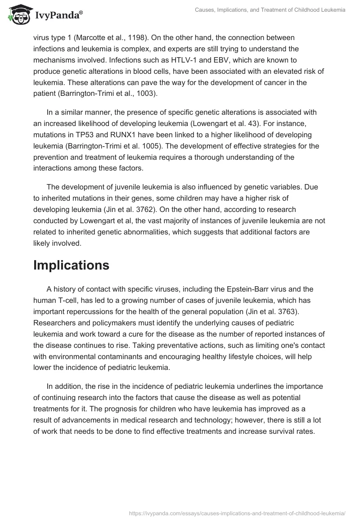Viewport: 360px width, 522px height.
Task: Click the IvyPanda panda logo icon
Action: point(17,13)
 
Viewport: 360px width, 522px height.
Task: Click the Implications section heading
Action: point(71,265)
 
